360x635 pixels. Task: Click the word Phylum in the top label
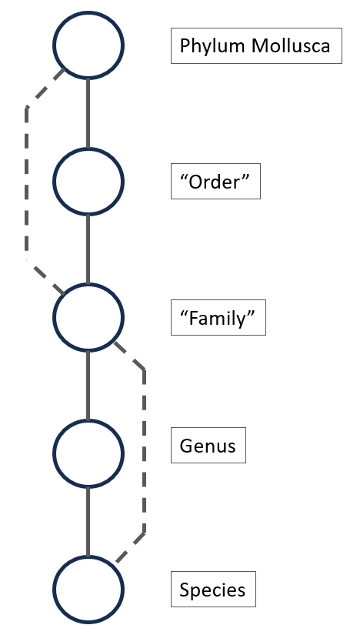coord(213,47)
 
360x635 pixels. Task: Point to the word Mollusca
coord(291,45)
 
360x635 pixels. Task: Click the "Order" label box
coord(215,182)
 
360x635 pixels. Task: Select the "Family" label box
coord(218,317)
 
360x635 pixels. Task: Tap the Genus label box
coord(208,445)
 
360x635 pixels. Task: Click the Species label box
coord(213,590)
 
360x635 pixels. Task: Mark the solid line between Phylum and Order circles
coord(88,113)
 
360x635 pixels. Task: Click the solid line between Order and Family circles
coord(88,249)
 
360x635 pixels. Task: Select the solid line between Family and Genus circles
coord(88,386)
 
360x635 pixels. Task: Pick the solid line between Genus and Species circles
coord(88,522)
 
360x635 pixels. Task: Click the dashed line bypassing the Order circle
coord(27,182)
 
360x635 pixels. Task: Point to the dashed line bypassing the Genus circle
coord(144,452)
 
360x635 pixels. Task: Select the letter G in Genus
coord(186,446)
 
